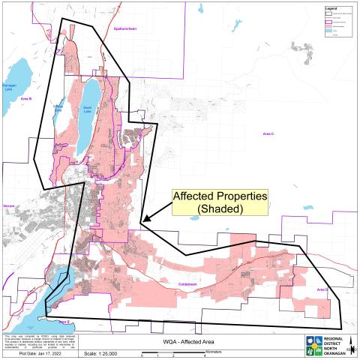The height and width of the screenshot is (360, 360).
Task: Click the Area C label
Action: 269,133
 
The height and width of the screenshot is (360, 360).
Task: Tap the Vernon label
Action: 10,202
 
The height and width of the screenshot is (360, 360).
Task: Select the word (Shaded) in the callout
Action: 220,209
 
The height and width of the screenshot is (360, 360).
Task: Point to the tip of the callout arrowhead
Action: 142,221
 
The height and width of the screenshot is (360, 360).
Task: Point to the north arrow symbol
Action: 351,346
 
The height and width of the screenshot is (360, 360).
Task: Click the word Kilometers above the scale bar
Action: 217,346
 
